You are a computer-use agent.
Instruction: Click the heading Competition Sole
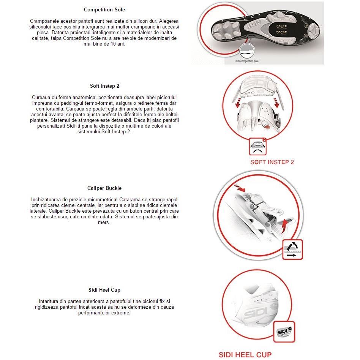click(104, 9)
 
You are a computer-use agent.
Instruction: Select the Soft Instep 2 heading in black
click(104, 86)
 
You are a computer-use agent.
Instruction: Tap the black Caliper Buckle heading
click(104, 188)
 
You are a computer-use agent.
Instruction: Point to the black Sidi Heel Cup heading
click(104, 290)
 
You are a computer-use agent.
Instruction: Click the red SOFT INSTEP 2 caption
click(272, 162)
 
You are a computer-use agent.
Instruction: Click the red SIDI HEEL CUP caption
click(245, 355)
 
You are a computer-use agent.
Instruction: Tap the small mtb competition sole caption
click(246, 61)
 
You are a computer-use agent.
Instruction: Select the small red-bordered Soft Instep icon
click(258, 147)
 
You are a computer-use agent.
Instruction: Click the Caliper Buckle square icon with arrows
click(292, 249)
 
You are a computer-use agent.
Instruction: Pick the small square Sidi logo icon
click(284, 332)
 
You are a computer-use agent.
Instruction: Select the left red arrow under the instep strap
click(237, 102)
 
